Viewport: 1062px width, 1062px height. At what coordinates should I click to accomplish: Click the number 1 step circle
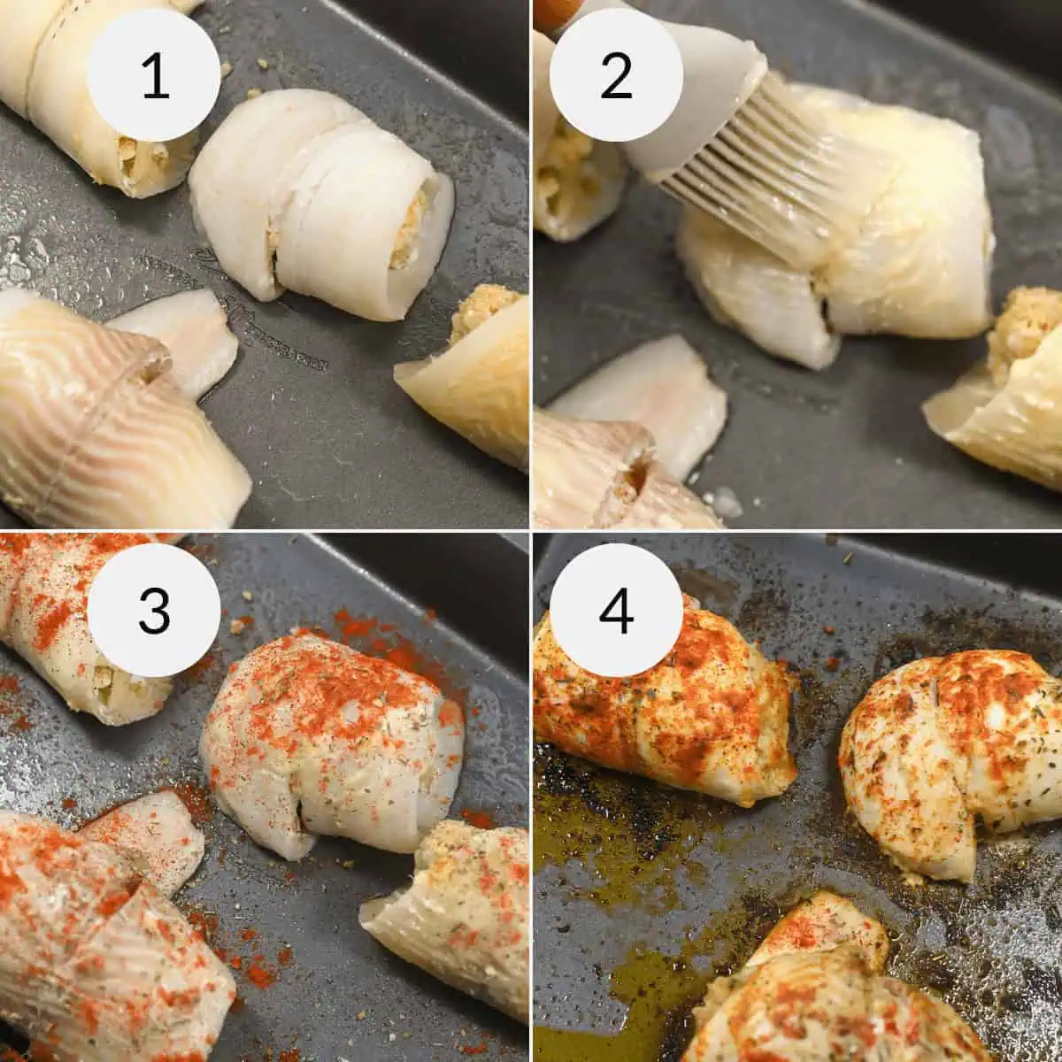click(154, 75)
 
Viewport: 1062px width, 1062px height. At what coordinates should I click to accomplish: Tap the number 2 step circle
click(616, 75)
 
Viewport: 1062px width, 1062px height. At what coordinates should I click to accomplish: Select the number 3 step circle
click(154, 610)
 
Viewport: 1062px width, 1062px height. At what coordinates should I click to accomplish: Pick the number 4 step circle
click(616, 610)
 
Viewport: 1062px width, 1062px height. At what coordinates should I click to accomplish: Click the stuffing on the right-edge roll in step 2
click(1027, 327)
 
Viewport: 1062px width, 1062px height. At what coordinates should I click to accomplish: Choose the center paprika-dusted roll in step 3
click(332, 735)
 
